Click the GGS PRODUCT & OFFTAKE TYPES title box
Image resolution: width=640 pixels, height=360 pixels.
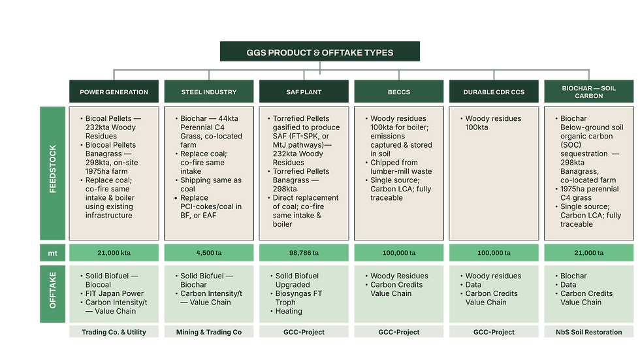[319, 52]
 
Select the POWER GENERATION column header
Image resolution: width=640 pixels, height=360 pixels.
[114, 91]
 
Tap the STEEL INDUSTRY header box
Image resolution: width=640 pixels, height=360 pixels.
[208, 91]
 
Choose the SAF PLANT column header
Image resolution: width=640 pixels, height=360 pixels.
[304, 91]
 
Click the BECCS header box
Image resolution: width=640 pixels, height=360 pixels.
[399, 91]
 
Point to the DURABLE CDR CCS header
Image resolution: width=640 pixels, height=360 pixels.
[494, 91]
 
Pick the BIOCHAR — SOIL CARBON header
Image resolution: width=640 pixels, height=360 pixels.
[589, 91]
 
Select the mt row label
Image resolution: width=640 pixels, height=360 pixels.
[53, 253]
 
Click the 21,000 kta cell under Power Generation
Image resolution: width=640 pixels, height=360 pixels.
[114, 253]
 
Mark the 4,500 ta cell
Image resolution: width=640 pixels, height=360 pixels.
[208, 253]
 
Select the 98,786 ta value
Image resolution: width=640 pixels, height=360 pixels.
[304, 253]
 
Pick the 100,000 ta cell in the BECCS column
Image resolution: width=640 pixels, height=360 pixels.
[399, 253]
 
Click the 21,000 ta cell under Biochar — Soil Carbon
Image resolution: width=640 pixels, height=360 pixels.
[589, 253]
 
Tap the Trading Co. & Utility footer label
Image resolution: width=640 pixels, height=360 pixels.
[114, 332]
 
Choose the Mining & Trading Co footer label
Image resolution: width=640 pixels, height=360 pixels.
[208, 332]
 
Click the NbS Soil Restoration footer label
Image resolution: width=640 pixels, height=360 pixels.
[589, 332]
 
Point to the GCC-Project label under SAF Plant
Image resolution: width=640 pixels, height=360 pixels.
[304, 332]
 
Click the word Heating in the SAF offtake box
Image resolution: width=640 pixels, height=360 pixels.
[289, 311]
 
